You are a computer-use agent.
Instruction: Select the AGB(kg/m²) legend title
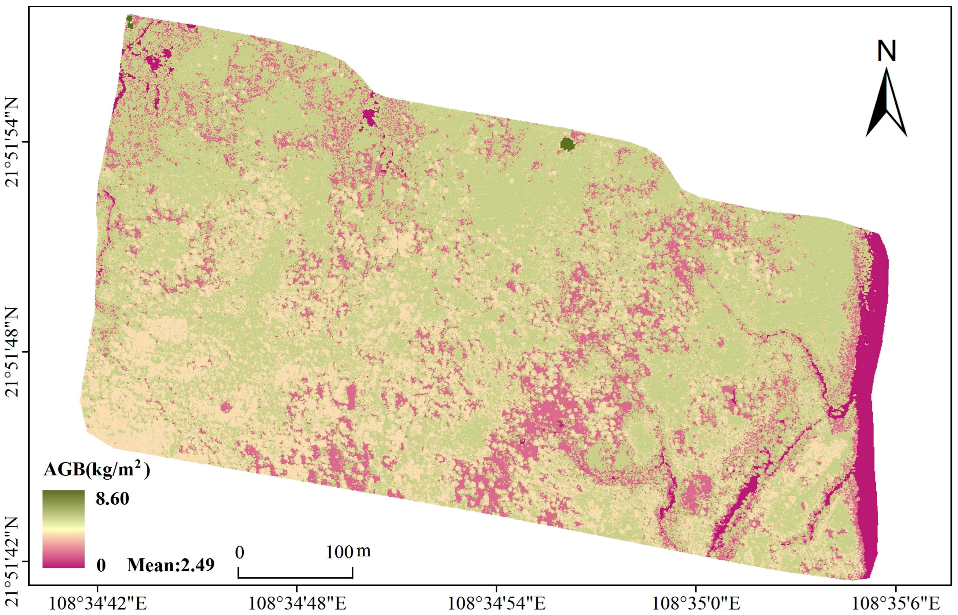[97, 470]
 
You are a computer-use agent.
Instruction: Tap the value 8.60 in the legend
[112, 499]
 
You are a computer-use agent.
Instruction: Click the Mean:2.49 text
[171, 565]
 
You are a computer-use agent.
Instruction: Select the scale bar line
[295, 577]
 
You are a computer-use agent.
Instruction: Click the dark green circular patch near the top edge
[567, 144]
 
